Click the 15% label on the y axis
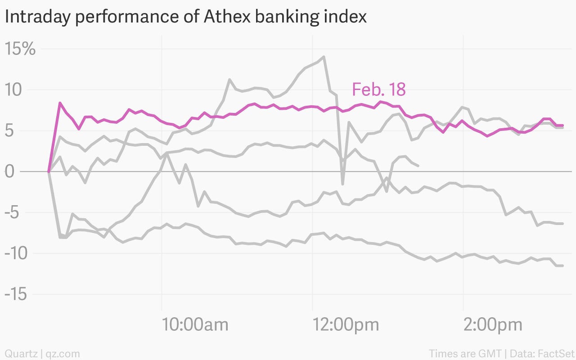coord(20,48)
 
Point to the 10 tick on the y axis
coord(13,90)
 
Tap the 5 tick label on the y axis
coord(9,130)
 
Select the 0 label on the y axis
coord(9,171)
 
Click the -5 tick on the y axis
coord(12,212)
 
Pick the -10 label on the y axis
coord(16,253)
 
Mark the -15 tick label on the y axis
coord(16,294)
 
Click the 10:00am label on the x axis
coord(195,324)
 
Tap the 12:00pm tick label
coord(346,325)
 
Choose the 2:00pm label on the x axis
coord(493,325)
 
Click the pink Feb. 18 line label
coord(379,89)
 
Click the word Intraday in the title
coord(37,17)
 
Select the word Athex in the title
coord(227,16)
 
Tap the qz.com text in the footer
coord(63,354)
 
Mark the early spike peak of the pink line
coord(60,103)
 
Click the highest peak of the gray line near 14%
coord(324,57)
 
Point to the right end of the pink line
coord(562,125)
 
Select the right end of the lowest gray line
coord(562,265)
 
